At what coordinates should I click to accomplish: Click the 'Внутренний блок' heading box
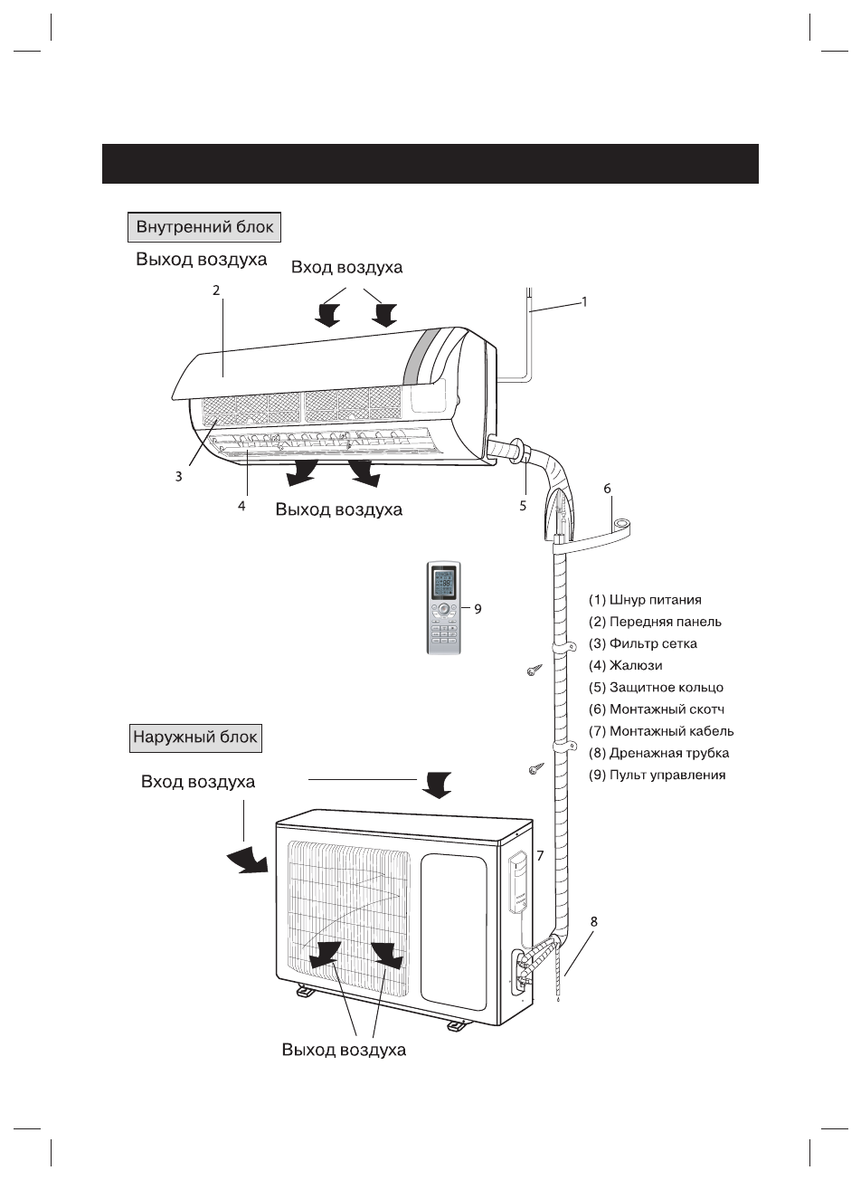point(204,227)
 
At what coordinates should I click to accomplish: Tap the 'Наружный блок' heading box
point(195,738)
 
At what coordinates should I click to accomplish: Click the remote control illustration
point(443,608)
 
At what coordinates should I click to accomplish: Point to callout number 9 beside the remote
point(478,609)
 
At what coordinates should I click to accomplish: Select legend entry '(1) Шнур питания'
point(645,599)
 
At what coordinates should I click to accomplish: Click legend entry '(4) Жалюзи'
point(626,665)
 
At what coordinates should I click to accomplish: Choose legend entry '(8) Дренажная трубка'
point(658,753)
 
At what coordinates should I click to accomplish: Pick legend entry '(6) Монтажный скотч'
point(657,709)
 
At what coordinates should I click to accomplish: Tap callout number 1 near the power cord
point(584,302)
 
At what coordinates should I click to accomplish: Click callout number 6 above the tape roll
point(607,489)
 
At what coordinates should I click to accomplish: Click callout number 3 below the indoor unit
point(178,476)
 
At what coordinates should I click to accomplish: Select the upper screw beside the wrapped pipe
point(534,671)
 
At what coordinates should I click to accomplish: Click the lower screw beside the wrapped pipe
point(536,770)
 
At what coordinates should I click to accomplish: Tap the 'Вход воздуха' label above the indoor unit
point(346,268)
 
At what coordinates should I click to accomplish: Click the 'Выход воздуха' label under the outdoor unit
point(344,1050)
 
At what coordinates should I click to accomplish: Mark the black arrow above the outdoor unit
point(436,785)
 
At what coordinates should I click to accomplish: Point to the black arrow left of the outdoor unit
point(248,861)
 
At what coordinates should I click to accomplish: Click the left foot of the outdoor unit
point(306,991)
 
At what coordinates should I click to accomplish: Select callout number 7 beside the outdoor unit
point(540,855)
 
